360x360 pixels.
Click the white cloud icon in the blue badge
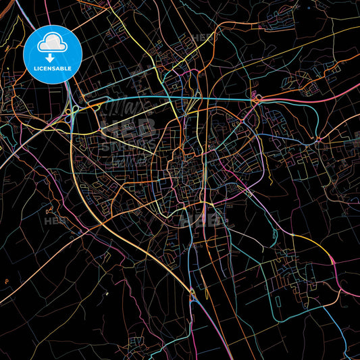coord(53,43)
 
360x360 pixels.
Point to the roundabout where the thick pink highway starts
coord(257,100)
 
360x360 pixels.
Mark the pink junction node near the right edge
coord(318,141)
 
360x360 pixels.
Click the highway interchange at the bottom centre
coord(192,292)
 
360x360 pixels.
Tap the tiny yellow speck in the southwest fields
coord(107,294)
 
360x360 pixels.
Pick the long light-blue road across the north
coord(169,96)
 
